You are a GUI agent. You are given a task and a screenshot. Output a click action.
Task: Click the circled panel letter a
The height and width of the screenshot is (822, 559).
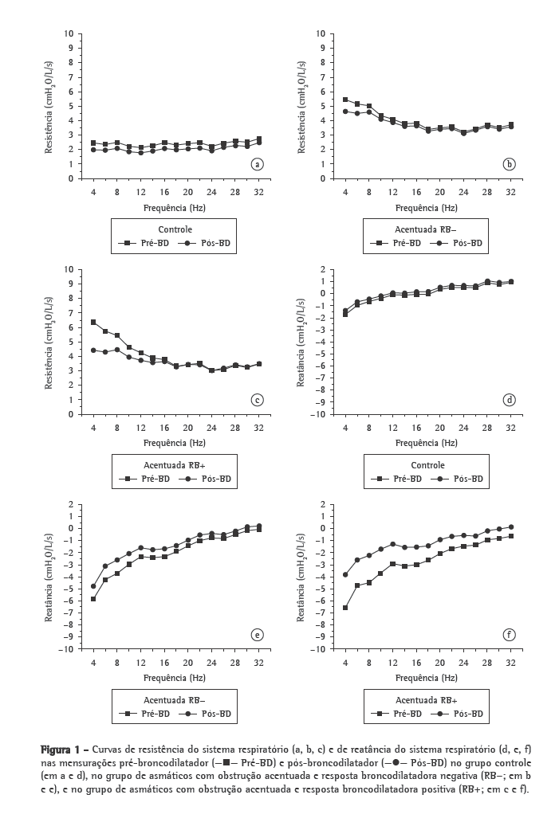pos(257,165)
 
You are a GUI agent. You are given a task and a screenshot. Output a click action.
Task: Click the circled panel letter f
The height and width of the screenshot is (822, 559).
pos(510,635)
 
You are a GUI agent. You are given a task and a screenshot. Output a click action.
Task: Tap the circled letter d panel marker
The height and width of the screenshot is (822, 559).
pos(510,400)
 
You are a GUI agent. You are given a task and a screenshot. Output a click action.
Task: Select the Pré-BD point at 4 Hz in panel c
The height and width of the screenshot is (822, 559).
pos(93,322)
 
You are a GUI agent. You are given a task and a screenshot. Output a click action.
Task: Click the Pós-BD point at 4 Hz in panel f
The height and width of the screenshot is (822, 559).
pos(345,574)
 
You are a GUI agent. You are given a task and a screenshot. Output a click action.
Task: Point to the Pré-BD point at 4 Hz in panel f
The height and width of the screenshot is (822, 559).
pos(345,608)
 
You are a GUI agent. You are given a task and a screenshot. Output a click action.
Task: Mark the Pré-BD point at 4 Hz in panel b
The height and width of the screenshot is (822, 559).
pos(345,100)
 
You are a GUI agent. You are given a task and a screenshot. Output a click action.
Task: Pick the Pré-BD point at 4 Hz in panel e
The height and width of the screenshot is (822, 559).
pos(93,599)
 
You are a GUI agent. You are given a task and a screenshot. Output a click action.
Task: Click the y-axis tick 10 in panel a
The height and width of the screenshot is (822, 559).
pos(70,33)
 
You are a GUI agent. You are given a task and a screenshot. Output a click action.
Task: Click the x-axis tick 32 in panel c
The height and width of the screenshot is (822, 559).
pos(258,428)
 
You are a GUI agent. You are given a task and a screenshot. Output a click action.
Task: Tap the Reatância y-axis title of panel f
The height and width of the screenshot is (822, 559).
pos(302,577)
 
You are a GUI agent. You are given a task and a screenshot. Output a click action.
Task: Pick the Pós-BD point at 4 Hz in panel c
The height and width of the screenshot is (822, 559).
pos(93,350)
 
